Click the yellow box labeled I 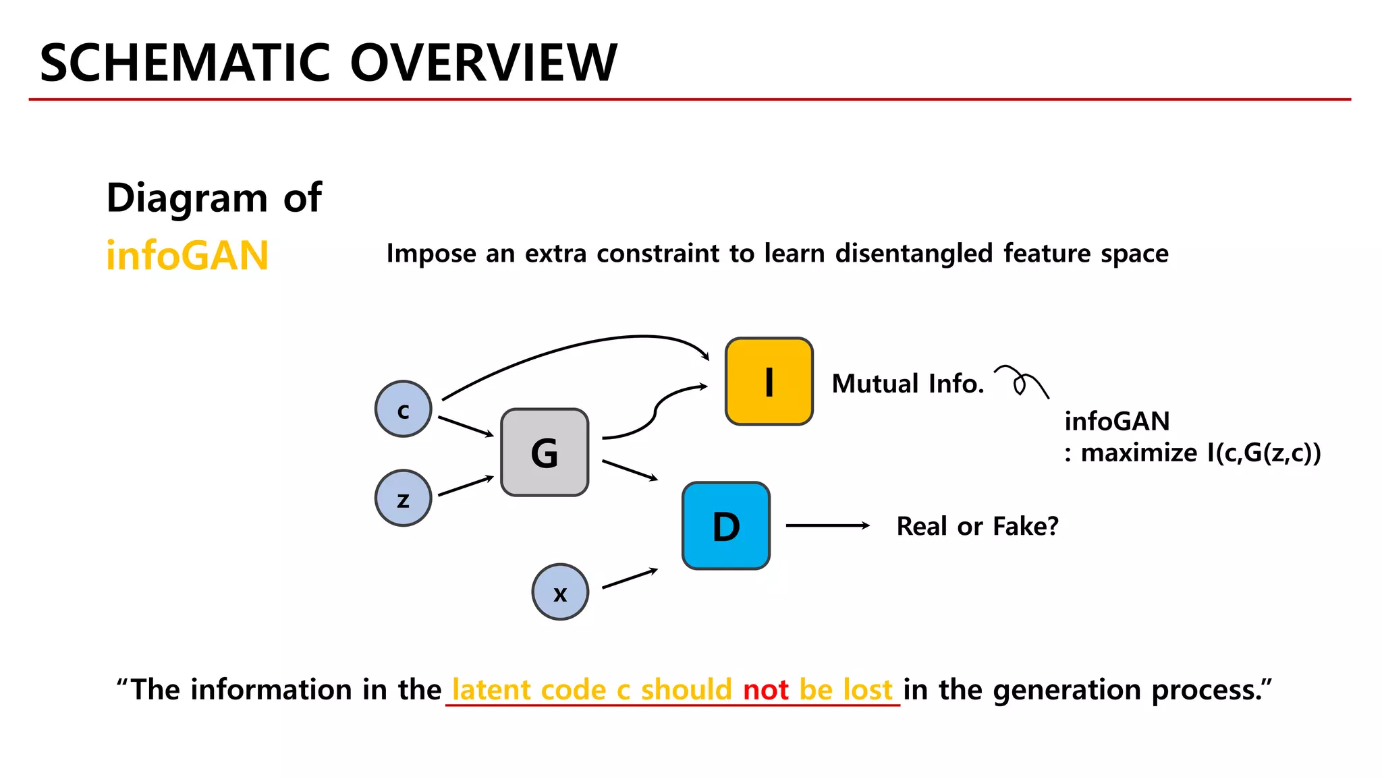coord(769,382)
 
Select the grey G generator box coord(545,453)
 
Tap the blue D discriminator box coord(726,526)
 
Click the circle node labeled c coord(404,409)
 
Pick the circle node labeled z coord(404,498)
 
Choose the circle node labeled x coord(560,592)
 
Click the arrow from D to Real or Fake coord(827,525)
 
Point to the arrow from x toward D coord(629,579)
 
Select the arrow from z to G coord(466,486)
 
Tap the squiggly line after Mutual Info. coord(1021,382)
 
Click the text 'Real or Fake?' coord(977,526)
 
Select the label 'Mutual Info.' coord(907,384)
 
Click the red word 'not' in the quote coord(765,690)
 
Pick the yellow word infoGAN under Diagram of coord(188,256)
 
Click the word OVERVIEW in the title coord(483,63)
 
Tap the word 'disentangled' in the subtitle coord(914,254)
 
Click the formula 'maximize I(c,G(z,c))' coord(1200,453)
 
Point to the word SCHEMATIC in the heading coord(185,63)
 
